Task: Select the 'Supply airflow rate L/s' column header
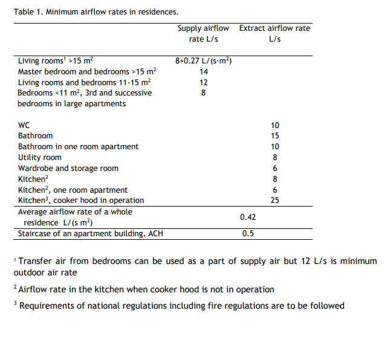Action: point(203,34)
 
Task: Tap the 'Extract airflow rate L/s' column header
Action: point(275,34)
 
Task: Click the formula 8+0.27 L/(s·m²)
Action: point(204,61)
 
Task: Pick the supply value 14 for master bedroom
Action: point(204,72)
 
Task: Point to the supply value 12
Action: point(204,83)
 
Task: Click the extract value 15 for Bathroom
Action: point(275,136)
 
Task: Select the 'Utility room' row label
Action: point(39,158)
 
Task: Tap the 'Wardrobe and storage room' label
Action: point(68,169)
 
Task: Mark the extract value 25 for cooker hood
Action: point(275,201)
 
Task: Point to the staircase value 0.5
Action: point(248,234)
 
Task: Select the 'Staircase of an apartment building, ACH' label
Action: point(91,234)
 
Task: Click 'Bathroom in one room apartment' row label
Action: point(78,147)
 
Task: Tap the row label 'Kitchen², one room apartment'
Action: point(73,190)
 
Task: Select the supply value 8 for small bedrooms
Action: point(204,93)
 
